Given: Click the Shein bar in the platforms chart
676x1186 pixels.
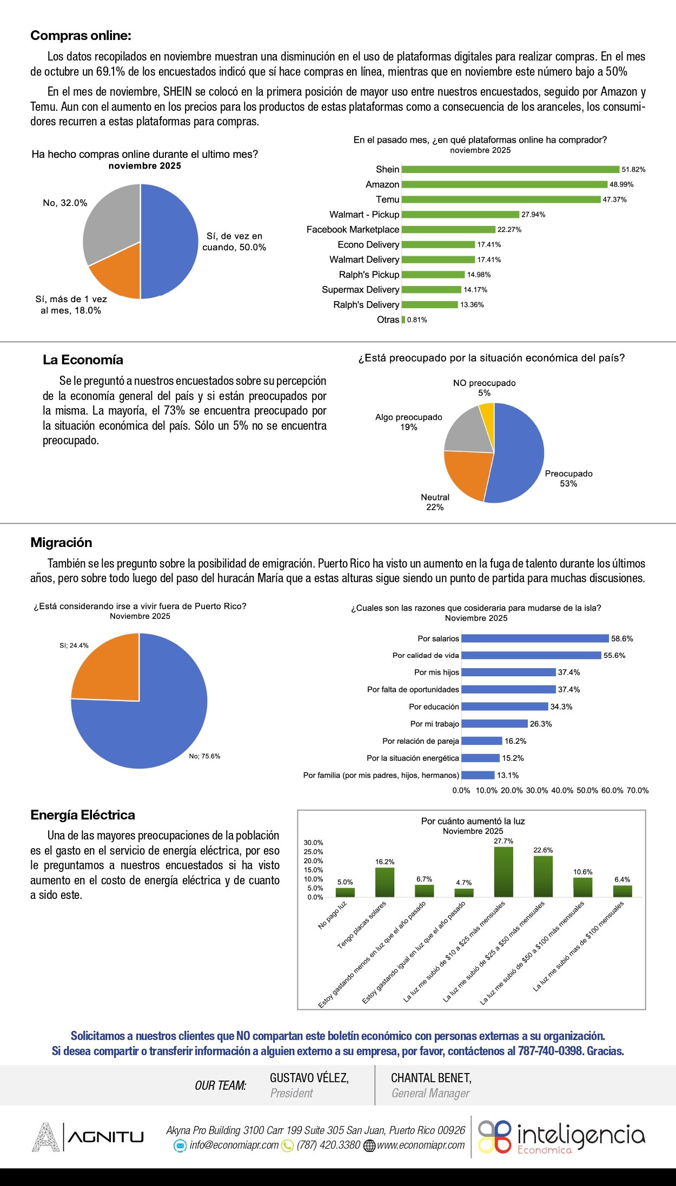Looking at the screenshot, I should tap(510, 170).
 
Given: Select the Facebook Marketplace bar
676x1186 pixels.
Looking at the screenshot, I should tap(448, 230).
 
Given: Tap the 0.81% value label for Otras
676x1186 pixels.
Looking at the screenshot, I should tap(417, 320).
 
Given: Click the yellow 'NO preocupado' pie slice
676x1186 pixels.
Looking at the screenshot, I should tap(487, 413).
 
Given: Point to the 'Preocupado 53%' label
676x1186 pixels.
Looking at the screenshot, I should tap(568, 478).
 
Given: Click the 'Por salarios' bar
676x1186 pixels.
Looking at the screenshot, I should tap(535, 638).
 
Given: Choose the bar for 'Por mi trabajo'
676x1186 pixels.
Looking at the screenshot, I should tap(494, 724).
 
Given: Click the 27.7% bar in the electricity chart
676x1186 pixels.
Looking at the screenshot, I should tap(503, 871).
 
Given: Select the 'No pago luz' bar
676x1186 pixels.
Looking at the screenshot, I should tap(345, 892).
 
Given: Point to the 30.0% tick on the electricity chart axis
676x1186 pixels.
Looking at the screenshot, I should tap(313, 843).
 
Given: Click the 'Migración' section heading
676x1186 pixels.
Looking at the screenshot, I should tap(61, 543).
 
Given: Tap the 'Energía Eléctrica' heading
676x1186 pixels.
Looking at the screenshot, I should tap(83, 815).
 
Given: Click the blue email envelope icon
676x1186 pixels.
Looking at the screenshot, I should tap(180, 1145).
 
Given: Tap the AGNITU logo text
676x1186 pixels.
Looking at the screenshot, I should tap(106, 1137).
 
